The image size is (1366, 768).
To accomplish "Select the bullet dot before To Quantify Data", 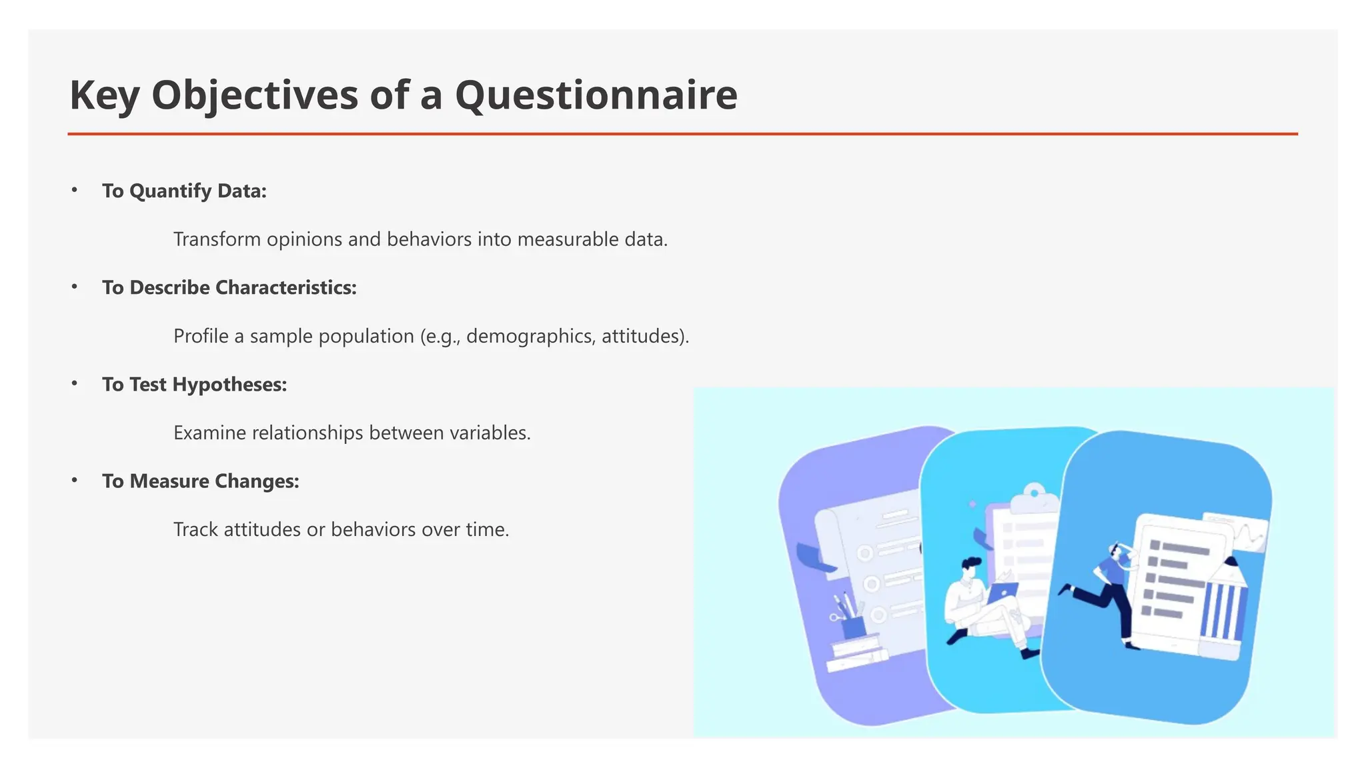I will [x=75, y=191].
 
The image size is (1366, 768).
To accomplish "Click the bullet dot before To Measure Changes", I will [x=75, y=481].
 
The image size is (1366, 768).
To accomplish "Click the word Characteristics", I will [x=285, y=288].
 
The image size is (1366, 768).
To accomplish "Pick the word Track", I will [x=195, y=529].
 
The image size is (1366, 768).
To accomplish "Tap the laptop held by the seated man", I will [x=1002, y=591].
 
